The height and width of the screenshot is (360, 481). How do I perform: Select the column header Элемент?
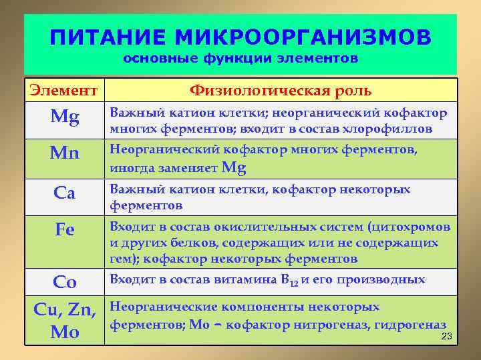(x=65, y=90)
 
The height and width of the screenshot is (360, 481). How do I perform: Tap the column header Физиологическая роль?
(x=281, y=90)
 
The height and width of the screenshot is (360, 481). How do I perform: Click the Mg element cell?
(x=65, y=119)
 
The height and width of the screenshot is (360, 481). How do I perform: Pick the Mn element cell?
(x=65, y=154)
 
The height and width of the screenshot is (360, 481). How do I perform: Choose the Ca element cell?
(x=65, y=193)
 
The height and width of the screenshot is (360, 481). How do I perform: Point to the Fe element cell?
(x=65, y=230)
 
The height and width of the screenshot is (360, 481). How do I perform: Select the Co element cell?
(x=65, y=282)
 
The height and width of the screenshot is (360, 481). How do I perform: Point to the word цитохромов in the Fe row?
(x=412, y=227)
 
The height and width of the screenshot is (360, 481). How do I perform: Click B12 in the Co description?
(x=289, y=281)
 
